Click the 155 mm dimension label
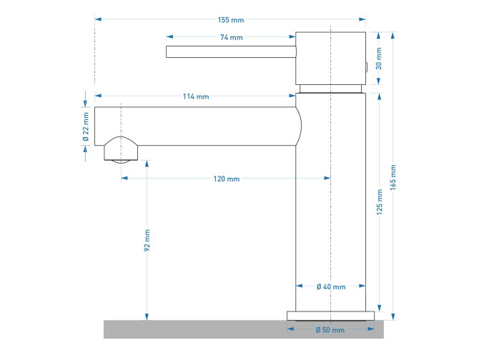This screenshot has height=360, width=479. pyautogui.click(x=231, y=20)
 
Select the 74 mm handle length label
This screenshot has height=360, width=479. pyautogui.click(x=231, y=38)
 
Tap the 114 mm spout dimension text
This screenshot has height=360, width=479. pyautogui.click(x=196, y=96)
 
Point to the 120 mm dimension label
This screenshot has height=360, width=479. pyautogui.click(x=227, y=179)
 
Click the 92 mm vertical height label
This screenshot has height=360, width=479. pyautogui.click(x=147, y=241)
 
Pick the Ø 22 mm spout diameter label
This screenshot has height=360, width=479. pyautogui.click(x=86, y=126)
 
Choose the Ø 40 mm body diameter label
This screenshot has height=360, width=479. pyautogui.click(x=331, y=286)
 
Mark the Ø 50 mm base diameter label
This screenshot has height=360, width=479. pyautogui.click(x=330, y=330)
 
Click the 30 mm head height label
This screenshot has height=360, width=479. pyautogui.click(x=379, y=59)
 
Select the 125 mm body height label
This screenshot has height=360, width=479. pyautogui.click(x=380, y=202)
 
